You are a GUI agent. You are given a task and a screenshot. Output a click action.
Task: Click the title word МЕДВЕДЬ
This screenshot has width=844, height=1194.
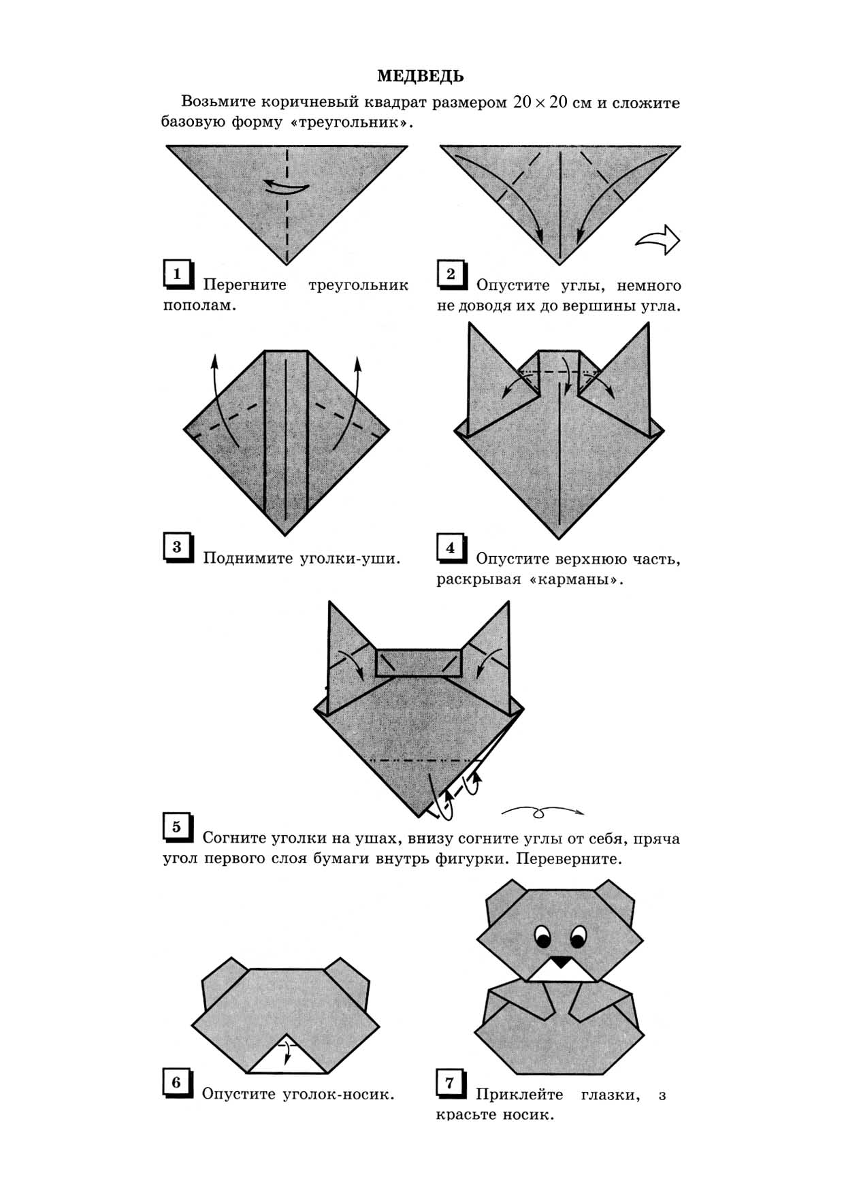point(421,76)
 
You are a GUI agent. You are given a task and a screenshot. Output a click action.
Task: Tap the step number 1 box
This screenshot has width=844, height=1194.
point(179,275)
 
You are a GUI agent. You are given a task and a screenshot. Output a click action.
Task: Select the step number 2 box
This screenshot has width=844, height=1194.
point(452,275)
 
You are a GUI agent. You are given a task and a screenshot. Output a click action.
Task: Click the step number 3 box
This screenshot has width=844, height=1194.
point(179,548)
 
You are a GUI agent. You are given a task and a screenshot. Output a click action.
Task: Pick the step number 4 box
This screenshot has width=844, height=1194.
point(452,549)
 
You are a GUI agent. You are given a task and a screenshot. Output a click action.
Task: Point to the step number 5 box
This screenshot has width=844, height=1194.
point(179,828)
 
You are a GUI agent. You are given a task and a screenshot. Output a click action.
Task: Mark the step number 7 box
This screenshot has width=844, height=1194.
point(452,1084)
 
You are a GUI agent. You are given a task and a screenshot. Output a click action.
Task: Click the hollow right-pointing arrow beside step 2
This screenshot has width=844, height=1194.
point(658,240)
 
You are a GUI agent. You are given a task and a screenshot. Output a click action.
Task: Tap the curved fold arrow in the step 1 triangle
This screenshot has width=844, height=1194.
point(287,185)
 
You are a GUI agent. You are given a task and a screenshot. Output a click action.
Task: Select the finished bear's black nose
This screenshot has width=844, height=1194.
point(561,962)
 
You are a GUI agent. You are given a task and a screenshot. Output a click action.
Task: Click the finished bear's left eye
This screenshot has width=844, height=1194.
point(543,937)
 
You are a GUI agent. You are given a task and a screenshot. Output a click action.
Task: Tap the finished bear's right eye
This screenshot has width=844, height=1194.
point(579,937)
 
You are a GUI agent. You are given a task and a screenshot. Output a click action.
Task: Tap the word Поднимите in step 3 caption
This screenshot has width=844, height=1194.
point(248,559)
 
